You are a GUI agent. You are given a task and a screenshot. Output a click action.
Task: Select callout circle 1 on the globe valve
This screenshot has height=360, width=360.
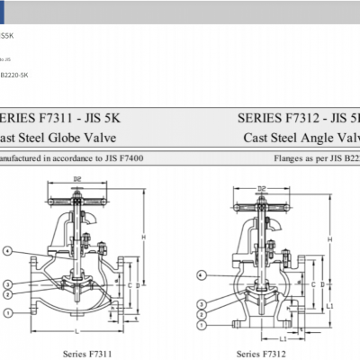pyautogui.click(x=8, y=312)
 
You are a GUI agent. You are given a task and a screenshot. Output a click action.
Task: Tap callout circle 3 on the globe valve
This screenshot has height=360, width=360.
pyautogui.click(x=8, y=285)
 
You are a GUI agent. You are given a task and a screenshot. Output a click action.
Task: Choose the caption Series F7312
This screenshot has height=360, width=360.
pyautogui.click(x=261, y=355)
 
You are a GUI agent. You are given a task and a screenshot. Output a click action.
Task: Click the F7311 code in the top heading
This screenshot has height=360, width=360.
pyautogui.click(x=64, y=118)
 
